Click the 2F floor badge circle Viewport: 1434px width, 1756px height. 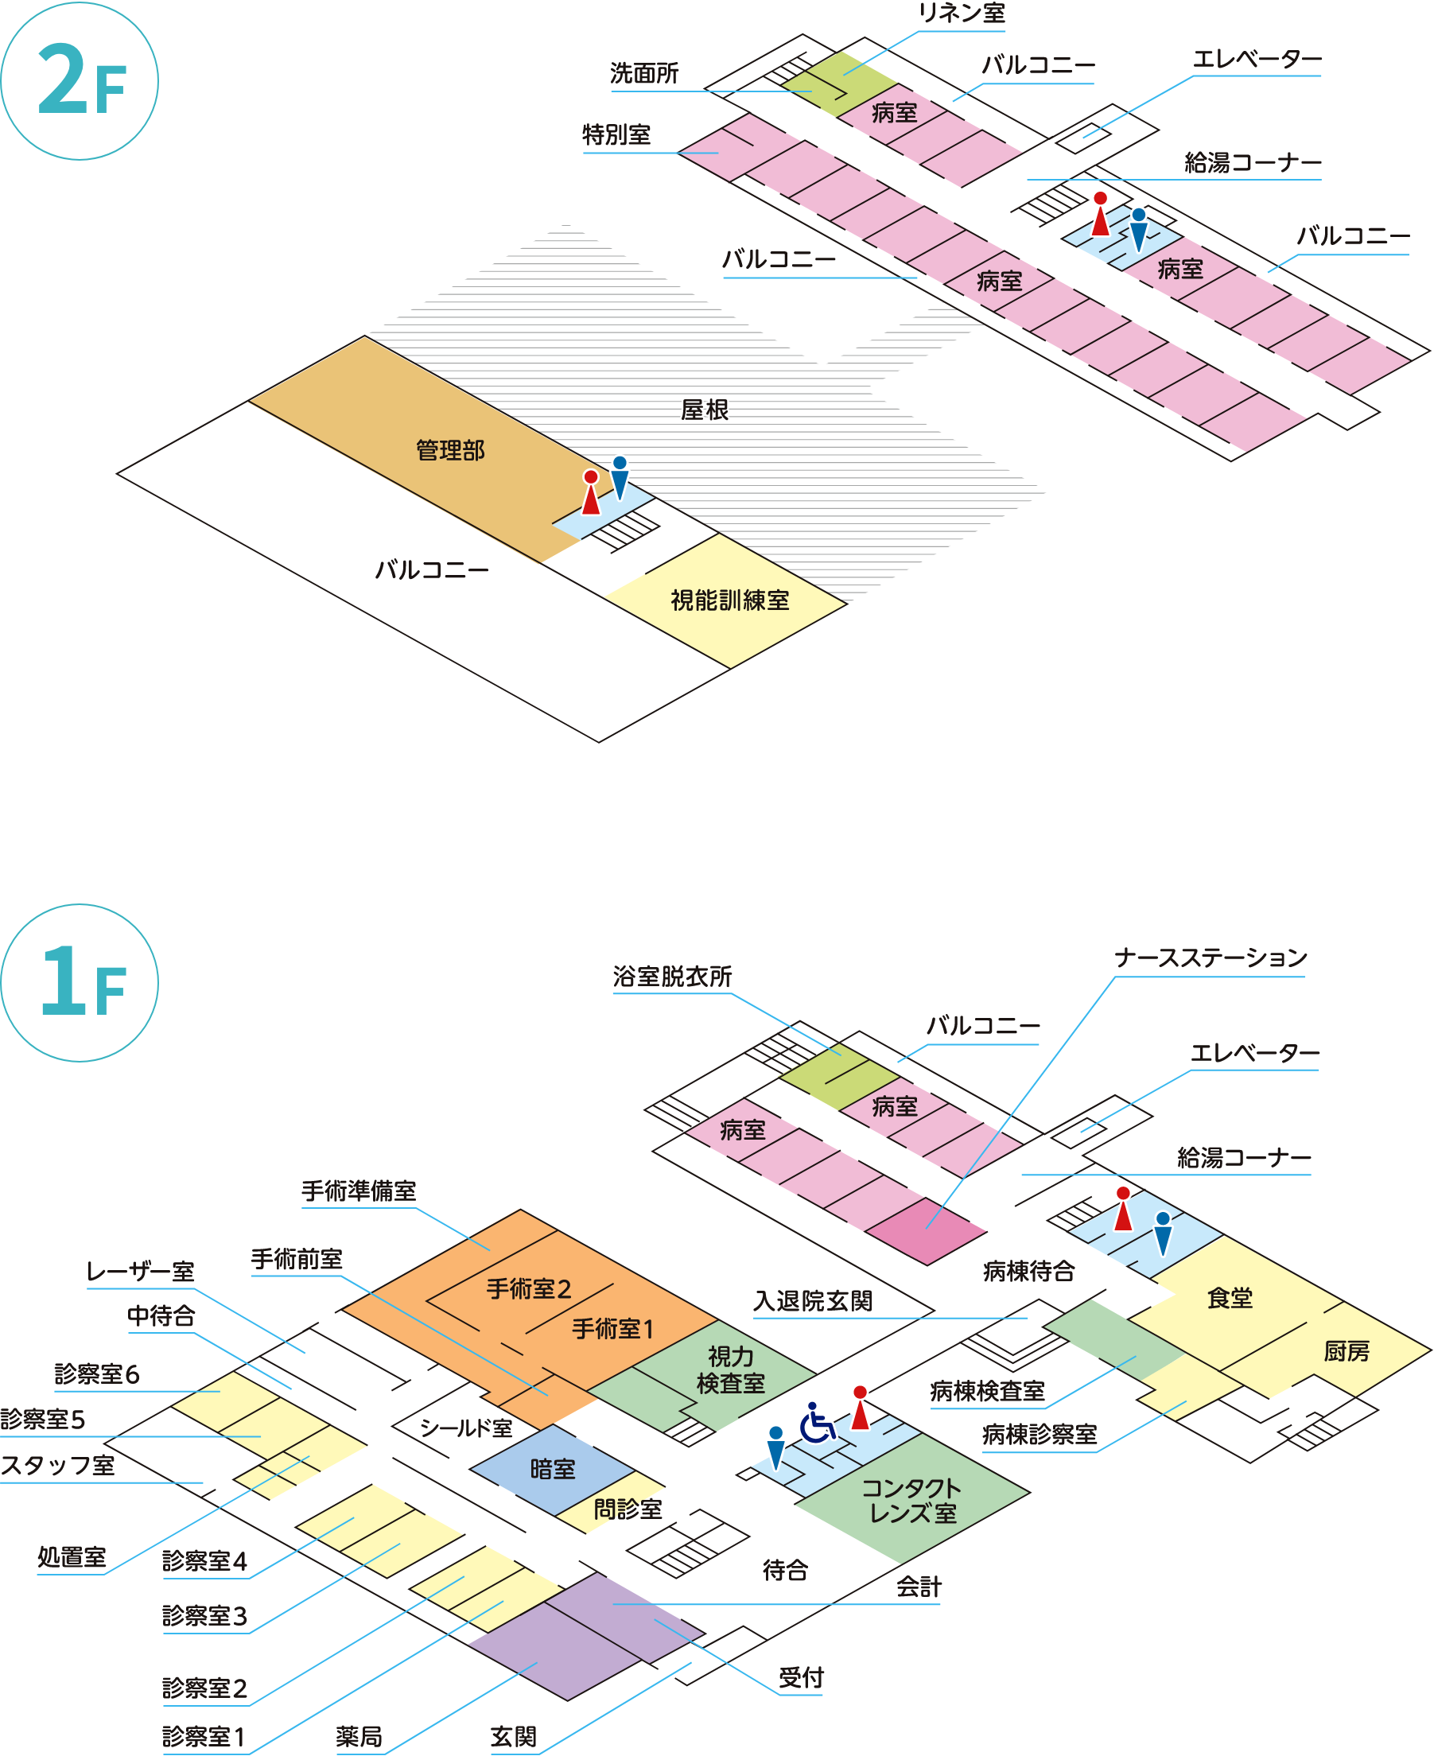80,80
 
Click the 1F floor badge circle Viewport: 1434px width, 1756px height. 80,982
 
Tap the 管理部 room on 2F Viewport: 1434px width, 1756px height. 449,451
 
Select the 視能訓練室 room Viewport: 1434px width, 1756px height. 729,600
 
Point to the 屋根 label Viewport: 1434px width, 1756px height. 704,410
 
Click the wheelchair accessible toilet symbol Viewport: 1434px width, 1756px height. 815,1422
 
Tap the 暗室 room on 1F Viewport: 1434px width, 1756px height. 552,1470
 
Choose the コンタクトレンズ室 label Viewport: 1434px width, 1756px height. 911,1501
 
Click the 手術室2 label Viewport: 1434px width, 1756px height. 528,1289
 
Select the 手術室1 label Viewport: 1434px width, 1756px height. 613,1329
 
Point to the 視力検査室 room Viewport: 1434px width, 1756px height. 730,1369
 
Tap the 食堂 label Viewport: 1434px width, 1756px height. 1229,1299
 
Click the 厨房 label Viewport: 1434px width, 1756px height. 1346,1351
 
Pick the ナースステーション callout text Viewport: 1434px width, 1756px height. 1211,958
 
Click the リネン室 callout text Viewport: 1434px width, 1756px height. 962,14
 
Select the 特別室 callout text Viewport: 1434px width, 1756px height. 616,134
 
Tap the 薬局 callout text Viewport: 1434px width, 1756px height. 359,1736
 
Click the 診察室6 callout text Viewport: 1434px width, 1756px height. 97,1373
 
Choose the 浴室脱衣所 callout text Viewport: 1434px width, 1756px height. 671,977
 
